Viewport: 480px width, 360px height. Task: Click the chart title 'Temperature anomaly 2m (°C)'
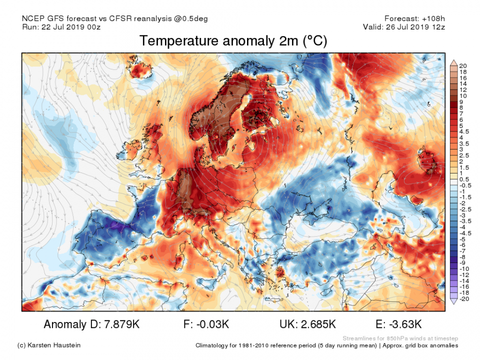(x=233, y=41)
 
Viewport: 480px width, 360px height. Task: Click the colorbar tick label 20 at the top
(x=463, y=66)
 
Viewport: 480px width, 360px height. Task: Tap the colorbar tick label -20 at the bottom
(x=464, y=299)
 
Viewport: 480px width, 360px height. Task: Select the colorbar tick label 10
(x=463, y=95)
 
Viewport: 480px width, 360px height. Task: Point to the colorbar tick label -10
(x=464, y=269)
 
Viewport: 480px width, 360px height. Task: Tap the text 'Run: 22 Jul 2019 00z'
(x=62, y=27)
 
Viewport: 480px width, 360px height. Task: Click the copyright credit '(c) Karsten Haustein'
(x=48, y=345)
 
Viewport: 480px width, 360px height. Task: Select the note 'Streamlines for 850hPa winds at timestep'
(x=400, y=338)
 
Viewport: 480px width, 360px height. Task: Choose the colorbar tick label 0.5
(x=463, y=179)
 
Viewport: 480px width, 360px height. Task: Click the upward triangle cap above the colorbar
(x=454, y=62)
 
